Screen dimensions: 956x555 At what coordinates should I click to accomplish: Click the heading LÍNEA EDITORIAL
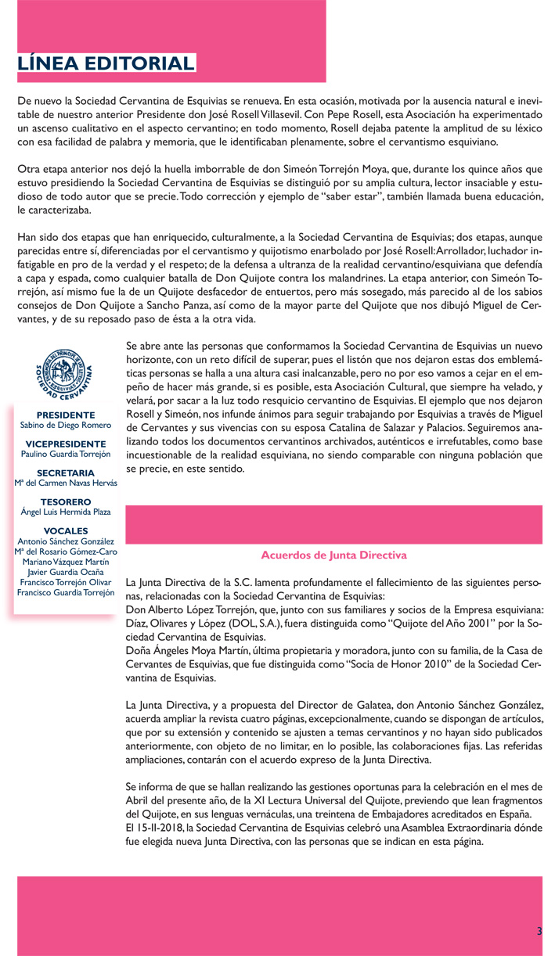(106, 63)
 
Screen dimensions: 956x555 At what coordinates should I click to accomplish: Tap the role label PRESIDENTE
(66, 415)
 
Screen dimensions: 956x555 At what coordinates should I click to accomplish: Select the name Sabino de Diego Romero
(66, 426)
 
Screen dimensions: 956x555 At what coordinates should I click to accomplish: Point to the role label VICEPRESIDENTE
(66, 444)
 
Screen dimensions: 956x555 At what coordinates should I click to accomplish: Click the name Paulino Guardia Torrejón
(66, 455)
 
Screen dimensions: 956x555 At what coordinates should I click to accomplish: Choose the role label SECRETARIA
(66, 473)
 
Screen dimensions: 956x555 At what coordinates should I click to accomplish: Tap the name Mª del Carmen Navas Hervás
(66, 483)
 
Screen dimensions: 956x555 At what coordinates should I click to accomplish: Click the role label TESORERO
(66, 501)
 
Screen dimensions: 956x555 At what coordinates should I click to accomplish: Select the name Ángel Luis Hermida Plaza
(66, 512)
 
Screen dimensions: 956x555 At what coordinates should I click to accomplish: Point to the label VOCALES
(66, 530)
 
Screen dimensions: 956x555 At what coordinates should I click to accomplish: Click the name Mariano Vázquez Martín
(66, 562)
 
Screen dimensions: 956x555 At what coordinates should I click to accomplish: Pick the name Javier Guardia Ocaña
(66, 572)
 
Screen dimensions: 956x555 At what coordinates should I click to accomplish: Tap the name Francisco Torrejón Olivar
(66, 582)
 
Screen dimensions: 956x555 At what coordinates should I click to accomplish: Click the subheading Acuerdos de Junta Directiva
(333, 555)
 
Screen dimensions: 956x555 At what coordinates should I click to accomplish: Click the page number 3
(539, 931)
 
